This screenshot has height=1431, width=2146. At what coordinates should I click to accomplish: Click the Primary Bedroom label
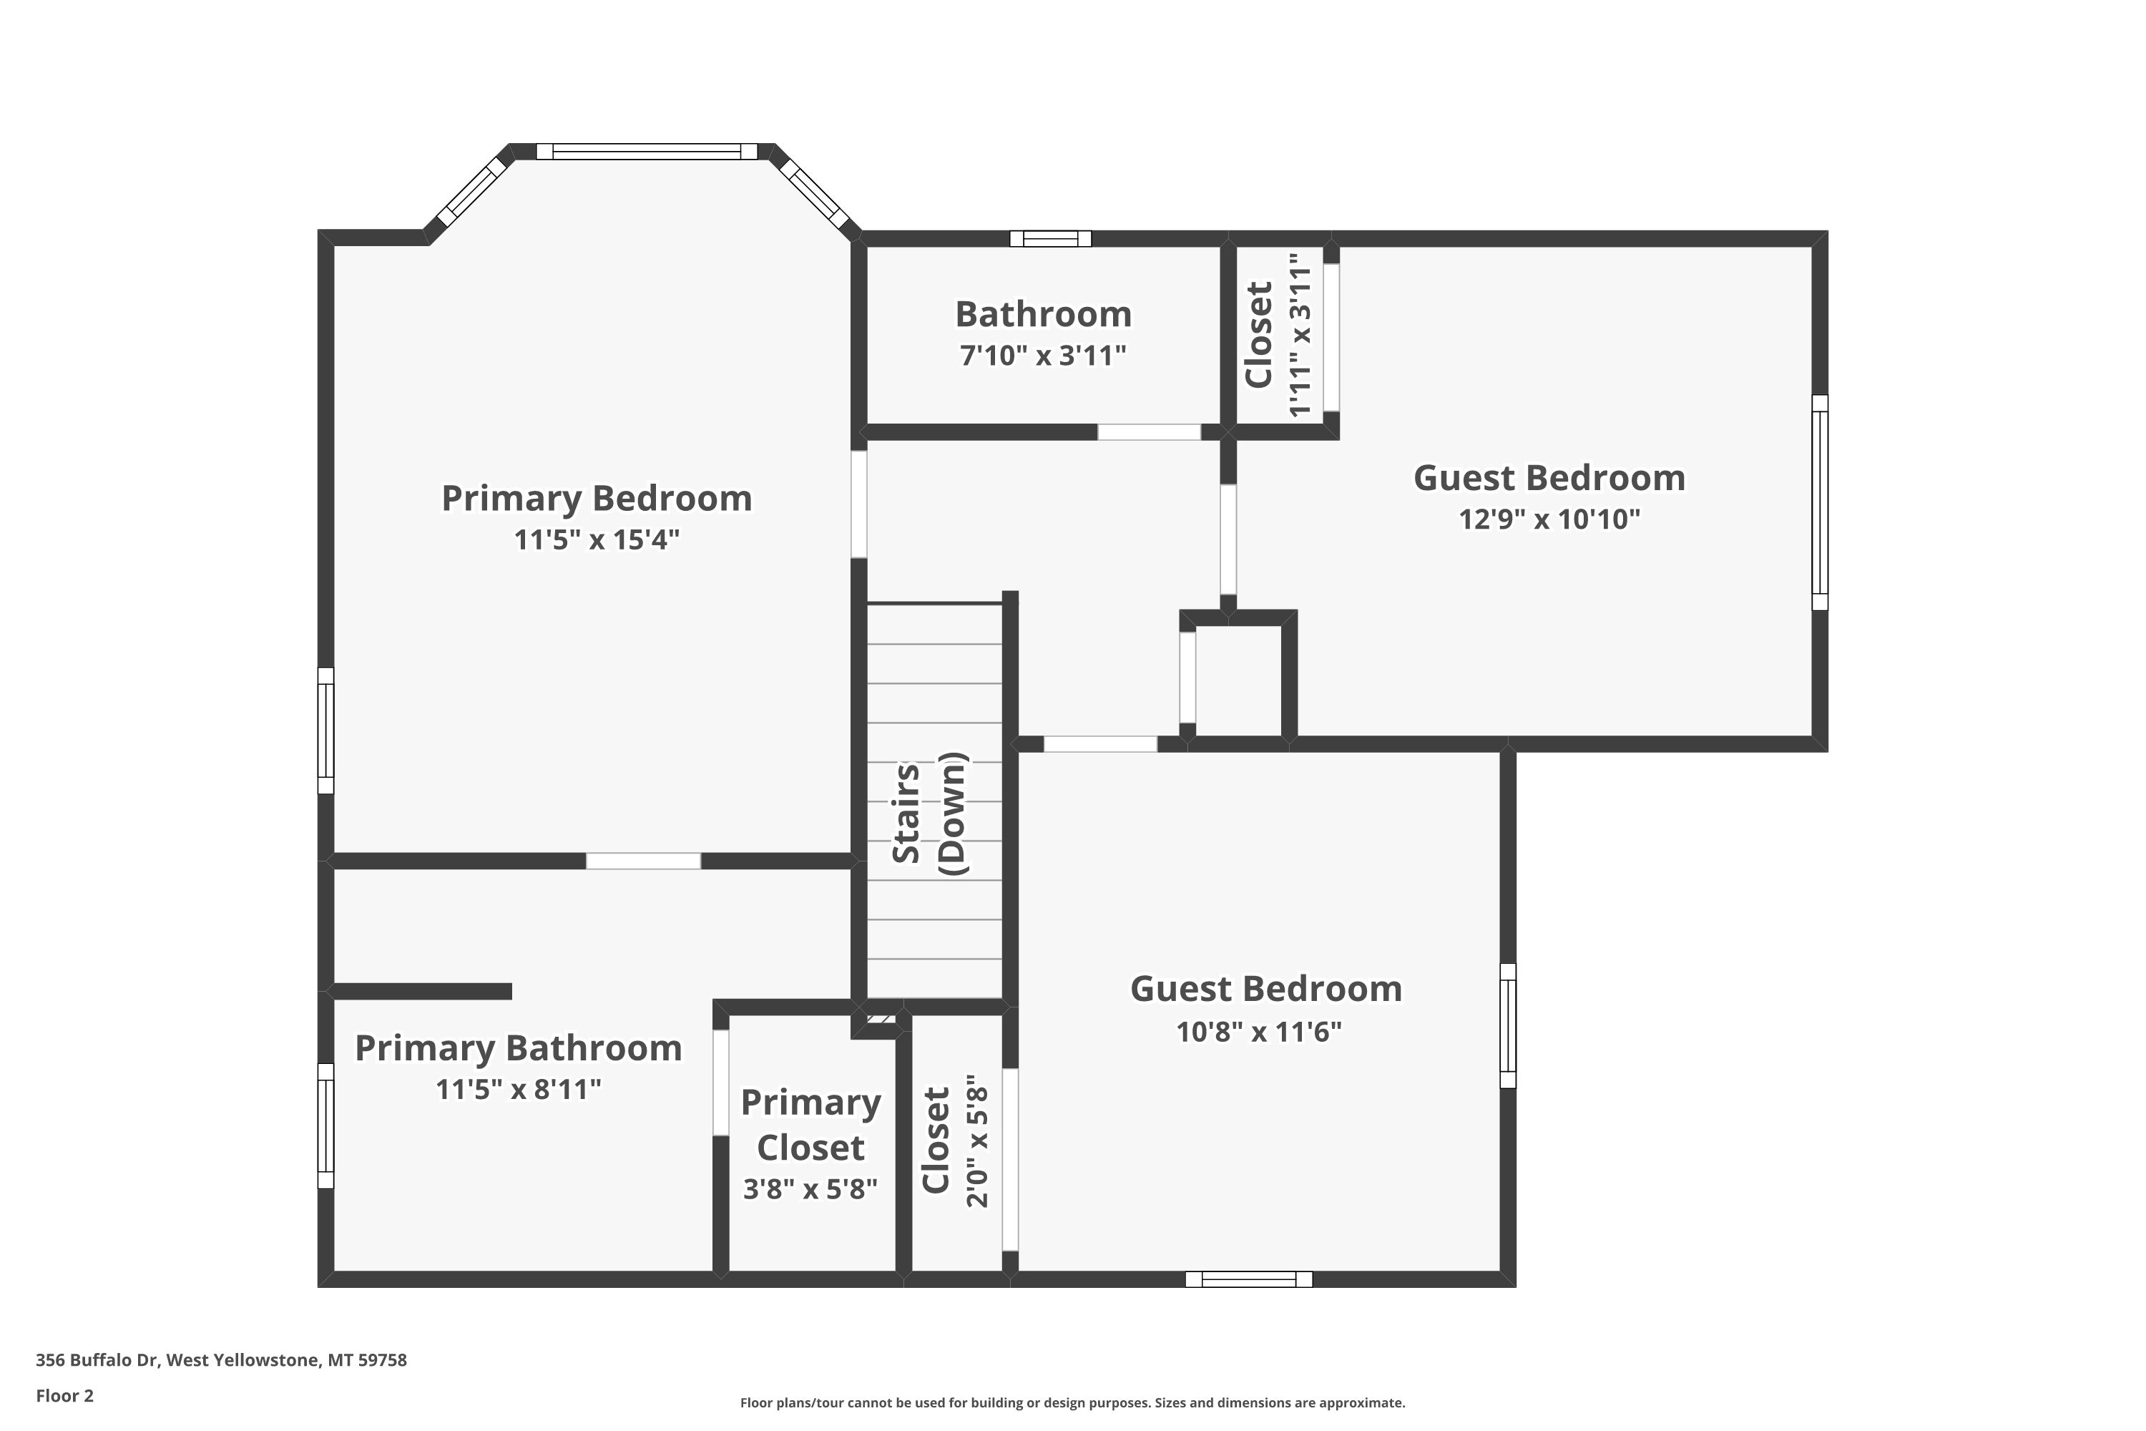click(597, 498)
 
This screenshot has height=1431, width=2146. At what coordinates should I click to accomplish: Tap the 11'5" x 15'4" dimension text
click(597, 539)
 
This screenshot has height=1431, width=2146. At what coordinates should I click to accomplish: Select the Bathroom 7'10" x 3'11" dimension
click(1043, 355)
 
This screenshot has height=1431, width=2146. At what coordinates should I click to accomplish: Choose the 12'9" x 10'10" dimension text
click(1549, 519)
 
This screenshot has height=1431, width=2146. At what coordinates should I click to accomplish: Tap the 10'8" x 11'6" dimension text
click(1259, 1032)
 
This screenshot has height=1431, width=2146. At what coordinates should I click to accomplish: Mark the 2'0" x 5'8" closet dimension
click(977, 1141)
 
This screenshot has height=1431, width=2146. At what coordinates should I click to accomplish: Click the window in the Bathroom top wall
click(1050, 239)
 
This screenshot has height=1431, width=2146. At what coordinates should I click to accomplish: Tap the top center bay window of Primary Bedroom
click(646, 152)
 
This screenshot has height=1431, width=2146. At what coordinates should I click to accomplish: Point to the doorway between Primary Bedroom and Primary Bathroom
click(643, 861)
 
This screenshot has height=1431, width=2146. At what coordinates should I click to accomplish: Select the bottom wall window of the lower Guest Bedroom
click(1249, 1279)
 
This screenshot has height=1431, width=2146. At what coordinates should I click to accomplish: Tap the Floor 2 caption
click(65, 1395)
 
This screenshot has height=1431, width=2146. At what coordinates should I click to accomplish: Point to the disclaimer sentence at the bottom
click(1072, 1402)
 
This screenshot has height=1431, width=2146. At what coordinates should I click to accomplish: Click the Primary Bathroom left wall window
click(325, 1125)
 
